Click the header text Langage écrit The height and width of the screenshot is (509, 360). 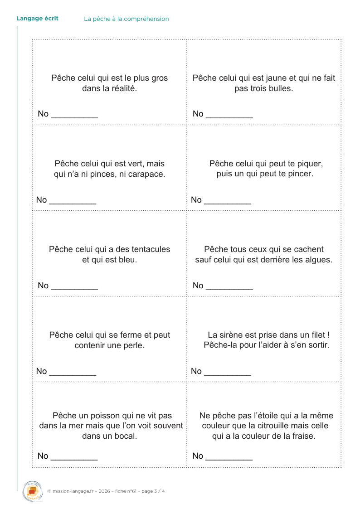pos(37,19)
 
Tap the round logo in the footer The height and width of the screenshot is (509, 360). pos(32,491)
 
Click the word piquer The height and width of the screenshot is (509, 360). pos(310,164)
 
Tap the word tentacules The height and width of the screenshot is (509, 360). pos(148,249)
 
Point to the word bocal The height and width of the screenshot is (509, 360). pos(126,436)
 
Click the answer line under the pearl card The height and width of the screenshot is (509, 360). pos(73,374)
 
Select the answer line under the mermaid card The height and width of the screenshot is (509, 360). pos(228,374)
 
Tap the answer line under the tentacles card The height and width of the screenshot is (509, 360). pos(74,289)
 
